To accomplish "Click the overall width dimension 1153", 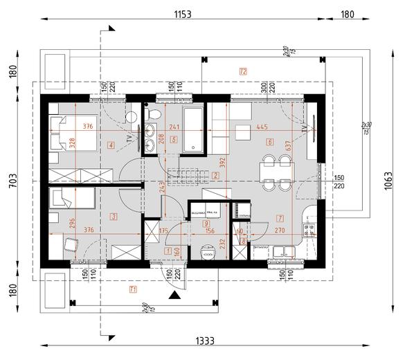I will pyautogui.click(x=182, y=13).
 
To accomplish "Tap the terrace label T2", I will pyautogui.click(x=243, y=71).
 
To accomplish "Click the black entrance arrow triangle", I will pyautogui.click(x=176, y=296).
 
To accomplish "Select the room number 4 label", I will pyautogui.click(x=111, y=144).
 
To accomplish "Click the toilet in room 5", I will pyautogui.click(x=155, y=114).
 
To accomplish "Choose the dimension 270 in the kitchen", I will pyautogui.click(x=280, y=230).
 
